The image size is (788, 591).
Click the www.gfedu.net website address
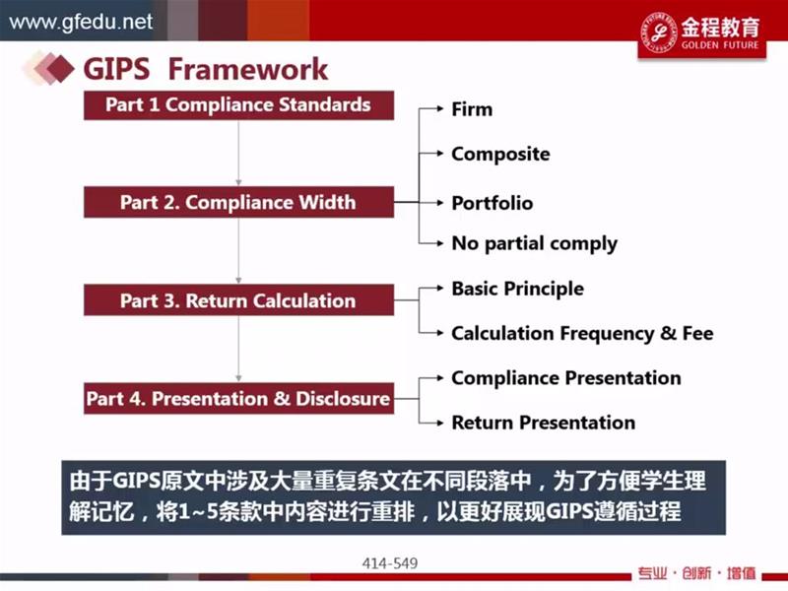pos(81,22)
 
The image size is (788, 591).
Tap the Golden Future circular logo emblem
pos(659,32)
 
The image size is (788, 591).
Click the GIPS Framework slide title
pos(206,69)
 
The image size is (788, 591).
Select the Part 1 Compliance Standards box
pos(238,105)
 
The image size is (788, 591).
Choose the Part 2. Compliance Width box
pos(238,202)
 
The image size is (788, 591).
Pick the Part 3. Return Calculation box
pos(238,300)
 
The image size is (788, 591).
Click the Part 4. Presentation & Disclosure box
pos(238,398)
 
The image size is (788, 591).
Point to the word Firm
pos(472,109)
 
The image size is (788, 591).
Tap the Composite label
pos(500,154)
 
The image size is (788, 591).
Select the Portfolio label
pos(492,203)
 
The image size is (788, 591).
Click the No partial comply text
pos(534,243)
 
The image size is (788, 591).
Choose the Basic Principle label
pos(518,289)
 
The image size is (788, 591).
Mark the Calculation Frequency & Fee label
pos(582,333)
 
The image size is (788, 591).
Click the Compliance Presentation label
pos(565,378)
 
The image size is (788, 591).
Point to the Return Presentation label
pos(544,423)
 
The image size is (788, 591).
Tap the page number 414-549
pos(390,563)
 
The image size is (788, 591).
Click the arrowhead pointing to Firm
pos(440,108)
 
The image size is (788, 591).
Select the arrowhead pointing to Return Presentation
pos(440,423)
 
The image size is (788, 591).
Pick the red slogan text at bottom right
pos(696,573)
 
